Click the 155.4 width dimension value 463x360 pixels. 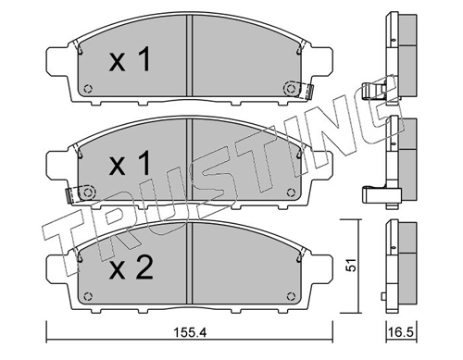tap(190, 332)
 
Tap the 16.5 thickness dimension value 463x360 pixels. tap(401, 332)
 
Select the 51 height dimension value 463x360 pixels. tap(351, 265)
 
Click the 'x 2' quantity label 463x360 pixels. tap(131, 268)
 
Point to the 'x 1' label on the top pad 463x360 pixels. tap(131, 59)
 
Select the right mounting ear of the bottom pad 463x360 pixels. tap(321, 268)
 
